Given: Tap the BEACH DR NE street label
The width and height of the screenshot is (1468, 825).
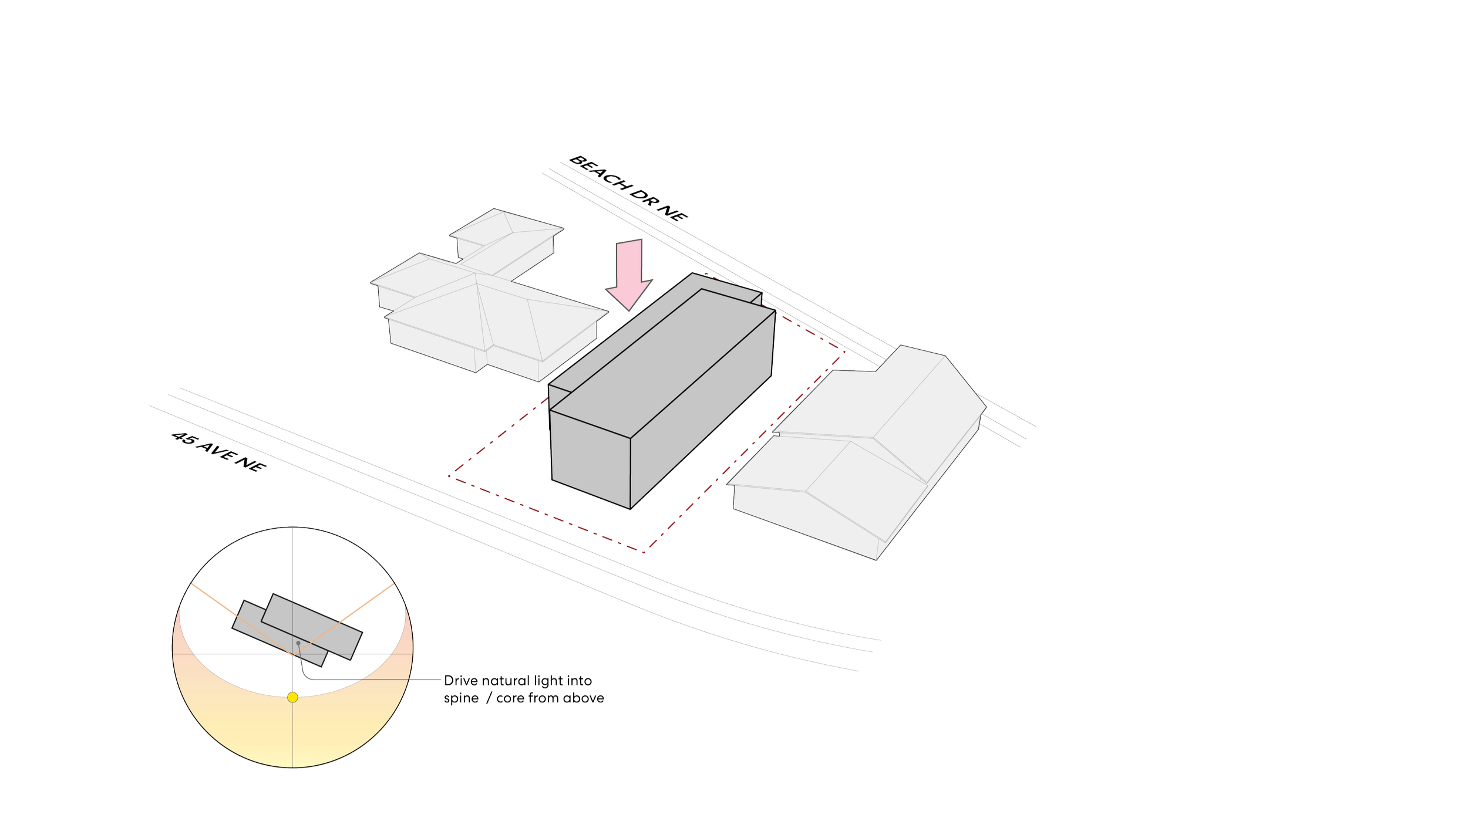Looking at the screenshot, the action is (x=628, y=187).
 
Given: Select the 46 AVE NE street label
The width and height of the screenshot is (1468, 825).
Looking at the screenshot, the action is (x=219, y=451).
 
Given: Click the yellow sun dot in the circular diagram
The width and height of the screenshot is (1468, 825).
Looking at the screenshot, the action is (x=292, y=697).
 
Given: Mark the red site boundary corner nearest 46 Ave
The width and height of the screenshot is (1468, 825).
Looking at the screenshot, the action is (x=644, y=552).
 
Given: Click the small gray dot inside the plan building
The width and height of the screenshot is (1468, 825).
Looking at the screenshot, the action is (x=298, y=643).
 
